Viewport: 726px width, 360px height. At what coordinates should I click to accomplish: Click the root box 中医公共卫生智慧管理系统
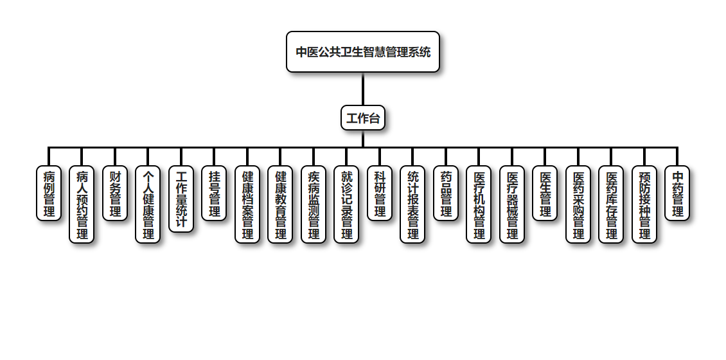tap(363, 52)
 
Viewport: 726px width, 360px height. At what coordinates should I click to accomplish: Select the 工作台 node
tap(363, 118)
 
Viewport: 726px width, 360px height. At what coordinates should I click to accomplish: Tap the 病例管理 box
tap(49, 194)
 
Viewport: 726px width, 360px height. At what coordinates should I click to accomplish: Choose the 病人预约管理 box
tap(82, 204)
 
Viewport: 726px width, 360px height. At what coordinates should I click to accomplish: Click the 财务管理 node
tap(115, 194)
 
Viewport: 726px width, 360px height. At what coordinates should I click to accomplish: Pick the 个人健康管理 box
tap(148, 204)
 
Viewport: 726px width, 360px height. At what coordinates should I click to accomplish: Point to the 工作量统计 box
tap(181, 199)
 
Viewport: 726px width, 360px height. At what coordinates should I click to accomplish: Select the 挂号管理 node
tap(214, 194)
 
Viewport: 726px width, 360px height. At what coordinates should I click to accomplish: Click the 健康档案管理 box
tap(247, 204)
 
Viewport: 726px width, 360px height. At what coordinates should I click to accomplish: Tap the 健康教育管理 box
tap(280, 204)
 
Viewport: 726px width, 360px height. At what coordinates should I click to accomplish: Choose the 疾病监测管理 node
tap(314, 204)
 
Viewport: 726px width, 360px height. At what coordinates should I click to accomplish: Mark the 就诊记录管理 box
tap(346, 204)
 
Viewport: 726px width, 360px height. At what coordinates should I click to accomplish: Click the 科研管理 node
tap(380, 194)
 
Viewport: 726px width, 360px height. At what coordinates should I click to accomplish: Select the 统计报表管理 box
tap(412, 204)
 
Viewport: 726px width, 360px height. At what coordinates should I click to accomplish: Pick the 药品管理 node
tap(446, 194)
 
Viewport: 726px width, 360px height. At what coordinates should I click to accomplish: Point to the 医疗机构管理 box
tap(479, 204)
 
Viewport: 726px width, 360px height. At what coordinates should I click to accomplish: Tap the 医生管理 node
tap(545, 194)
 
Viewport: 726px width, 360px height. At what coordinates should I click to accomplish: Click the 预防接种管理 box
tap(644, 204)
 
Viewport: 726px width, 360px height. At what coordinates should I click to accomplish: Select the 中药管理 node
tap(677, 194)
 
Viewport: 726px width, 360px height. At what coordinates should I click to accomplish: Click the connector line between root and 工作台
tap(363, 89)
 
